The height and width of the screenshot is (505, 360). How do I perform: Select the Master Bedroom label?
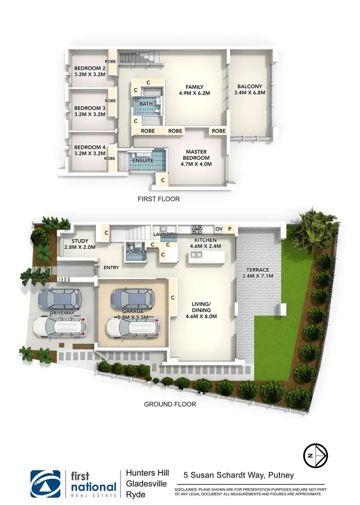pos(195,158)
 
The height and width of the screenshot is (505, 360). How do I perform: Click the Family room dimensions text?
pos(195,94)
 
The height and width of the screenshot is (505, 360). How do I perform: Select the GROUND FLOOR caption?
pos(170,404)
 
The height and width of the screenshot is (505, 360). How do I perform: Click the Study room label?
pos(80,241)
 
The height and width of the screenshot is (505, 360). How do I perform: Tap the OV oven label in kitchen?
pos(219,228)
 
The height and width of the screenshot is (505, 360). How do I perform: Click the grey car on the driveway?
pos(61,300)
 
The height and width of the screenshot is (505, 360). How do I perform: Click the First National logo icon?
pos(46,484)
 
